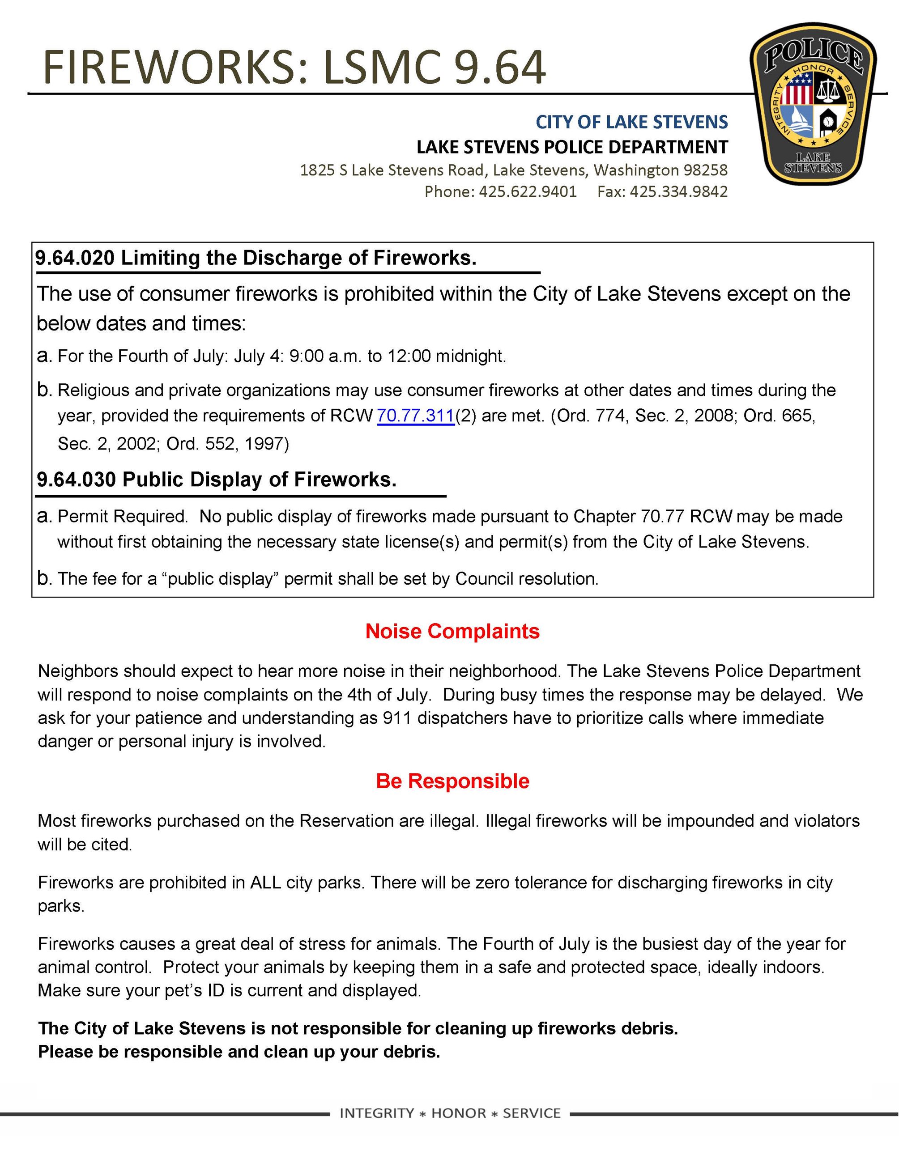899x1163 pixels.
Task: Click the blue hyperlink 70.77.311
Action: (415, 416)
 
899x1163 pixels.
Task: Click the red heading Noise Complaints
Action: (452, 631)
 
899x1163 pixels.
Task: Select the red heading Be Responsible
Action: (452, 781)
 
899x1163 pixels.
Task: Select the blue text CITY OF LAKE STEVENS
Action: (632, 122)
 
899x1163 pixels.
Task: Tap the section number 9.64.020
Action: (75, 258)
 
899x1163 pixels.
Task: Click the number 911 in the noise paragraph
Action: (397, 718)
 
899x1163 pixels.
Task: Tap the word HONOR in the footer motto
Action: (459, 1113)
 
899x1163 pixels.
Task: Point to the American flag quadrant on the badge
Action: (798, 89)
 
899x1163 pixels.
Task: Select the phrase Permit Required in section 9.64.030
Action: (122, 516)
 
